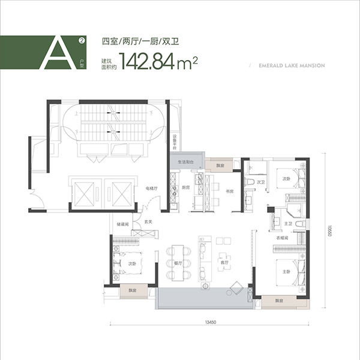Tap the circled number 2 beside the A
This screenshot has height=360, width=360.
(81, 41)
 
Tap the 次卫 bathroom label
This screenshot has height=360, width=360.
(260, 182)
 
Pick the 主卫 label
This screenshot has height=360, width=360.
(287, 224)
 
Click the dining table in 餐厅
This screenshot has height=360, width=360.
(178, 262)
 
